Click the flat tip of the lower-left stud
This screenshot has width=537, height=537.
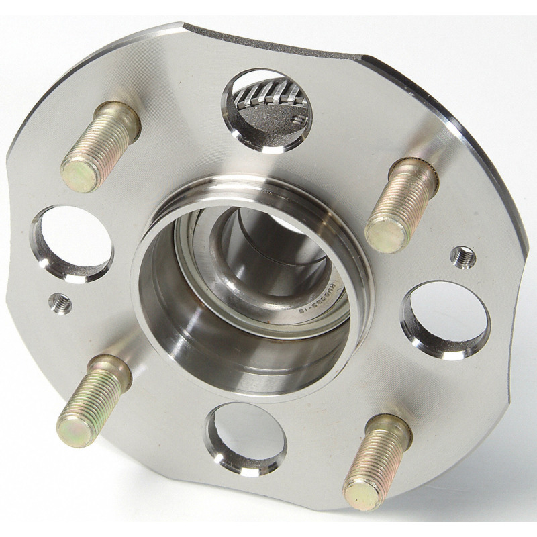coord(72,429)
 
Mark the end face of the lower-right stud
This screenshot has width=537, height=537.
coord(360,494)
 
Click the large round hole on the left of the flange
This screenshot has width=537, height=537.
coord(72,243)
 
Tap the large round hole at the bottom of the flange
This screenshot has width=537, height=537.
coord(246,438)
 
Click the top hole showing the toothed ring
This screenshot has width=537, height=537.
coord(266,111)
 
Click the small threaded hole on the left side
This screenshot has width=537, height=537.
coord(60,304)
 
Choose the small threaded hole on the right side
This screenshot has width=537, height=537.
coord(462,256)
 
